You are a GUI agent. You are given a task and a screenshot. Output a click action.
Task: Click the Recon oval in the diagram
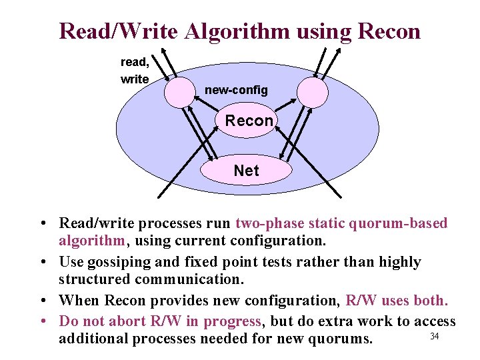point(246,121)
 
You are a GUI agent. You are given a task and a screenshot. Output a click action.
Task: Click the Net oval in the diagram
point(246,171)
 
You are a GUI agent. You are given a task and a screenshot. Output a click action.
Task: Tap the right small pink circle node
point(311,91)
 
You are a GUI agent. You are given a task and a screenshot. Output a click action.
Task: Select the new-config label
point(236,89)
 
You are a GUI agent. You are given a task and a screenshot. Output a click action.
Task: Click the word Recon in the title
point(389,31)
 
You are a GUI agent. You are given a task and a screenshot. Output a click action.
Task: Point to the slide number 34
point(435,335)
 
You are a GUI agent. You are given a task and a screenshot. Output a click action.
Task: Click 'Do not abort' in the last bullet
point(99,321)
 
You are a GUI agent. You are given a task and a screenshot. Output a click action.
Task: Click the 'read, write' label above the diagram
point(135,71)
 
